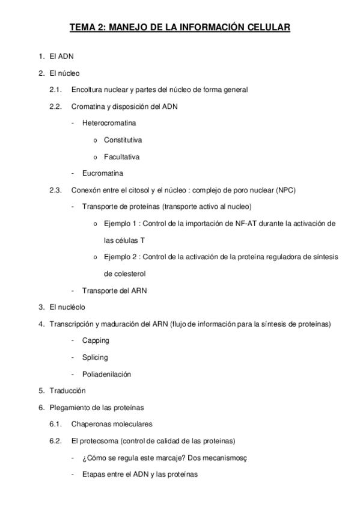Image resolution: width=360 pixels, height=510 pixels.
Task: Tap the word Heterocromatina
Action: tap(109, 123)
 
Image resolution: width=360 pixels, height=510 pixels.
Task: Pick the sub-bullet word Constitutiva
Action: tap(123, 140)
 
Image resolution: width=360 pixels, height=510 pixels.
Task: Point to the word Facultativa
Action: tap(121, 157)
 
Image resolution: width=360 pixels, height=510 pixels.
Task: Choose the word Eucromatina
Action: tap(103, 174)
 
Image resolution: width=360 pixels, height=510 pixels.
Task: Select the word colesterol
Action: tap(125, 274)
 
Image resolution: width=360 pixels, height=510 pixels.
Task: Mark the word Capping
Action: tap(96, 340)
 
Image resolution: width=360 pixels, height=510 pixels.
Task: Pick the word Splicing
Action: tap(95, 357)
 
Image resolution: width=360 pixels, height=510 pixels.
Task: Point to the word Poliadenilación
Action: tap(107, 374)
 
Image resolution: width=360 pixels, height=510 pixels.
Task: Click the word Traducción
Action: tap(64, 391)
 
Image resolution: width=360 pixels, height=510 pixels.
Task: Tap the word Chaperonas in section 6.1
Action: tap(91, 424)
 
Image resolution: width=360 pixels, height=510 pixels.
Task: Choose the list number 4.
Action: tap(40, 324)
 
